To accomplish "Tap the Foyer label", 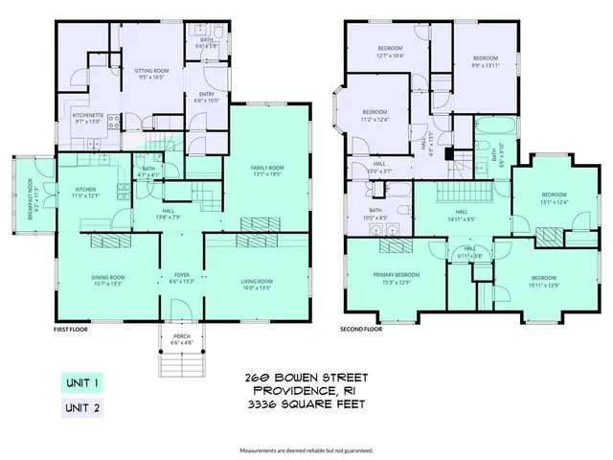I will (x=182, y=278).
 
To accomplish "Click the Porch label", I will (x=181, y=339).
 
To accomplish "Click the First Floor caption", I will (x=71, y=329).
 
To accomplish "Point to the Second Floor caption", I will (x=361, y=329).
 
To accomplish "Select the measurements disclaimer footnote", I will (x=306, y=449).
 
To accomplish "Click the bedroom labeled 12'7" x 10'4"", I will (x=390, y=52).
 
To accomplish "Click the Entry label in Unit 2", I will (x=207, y=97).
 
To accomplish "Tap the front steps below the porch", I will (x=181, y=365).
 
